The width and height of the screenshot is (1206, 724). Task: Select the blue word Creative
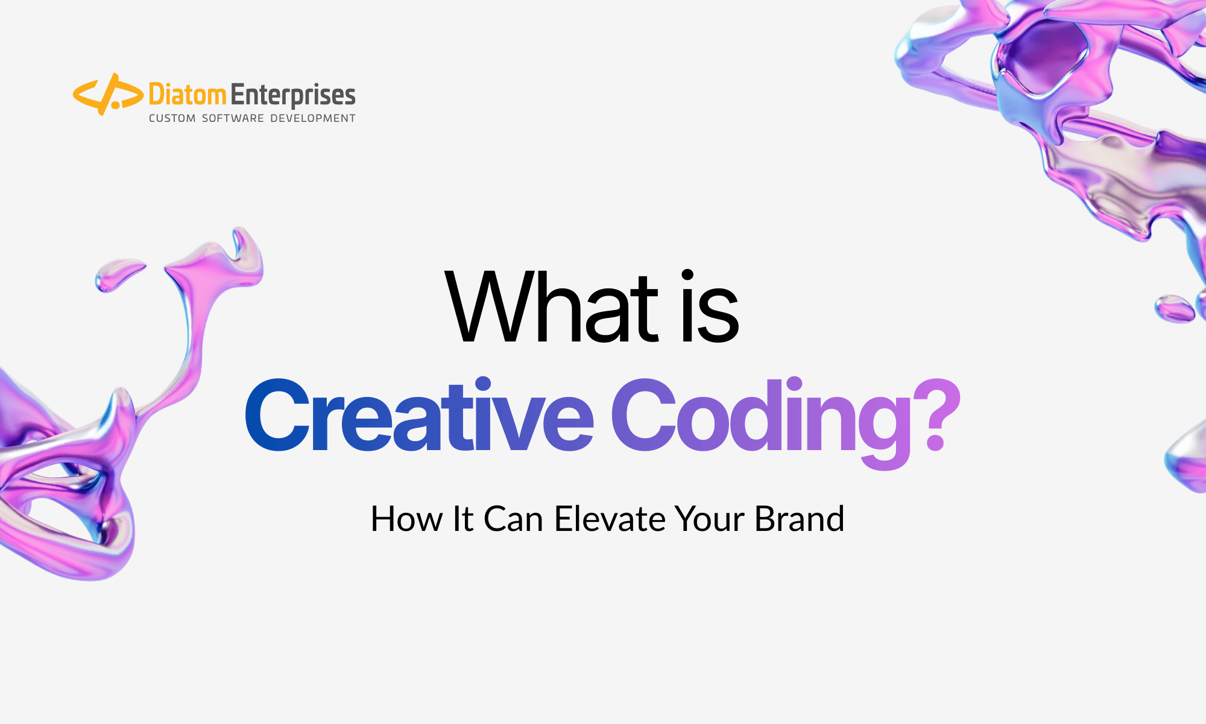tap(420, 416)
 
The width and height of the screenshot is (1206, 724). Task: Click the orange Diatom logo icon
tap(107, 95)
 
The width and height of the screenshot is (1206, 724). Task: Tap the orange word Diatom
tap(187, 95)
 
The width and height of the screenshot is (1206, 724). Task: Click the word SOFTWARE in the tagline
tap(233, 118)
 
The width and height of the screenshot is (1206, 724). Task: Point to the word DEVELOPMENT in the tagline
tap(312, 118)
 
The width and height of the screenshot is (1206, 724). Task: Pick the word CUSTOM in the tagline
tap(172, 118)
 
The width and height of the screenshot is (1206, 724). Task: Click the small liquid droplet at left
tap(117, 275)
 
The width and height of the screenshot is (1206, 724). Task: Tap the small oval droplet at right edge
tap(1173, 308)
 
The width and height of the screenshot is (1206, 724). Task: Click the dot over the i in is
tap(687, 276)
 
